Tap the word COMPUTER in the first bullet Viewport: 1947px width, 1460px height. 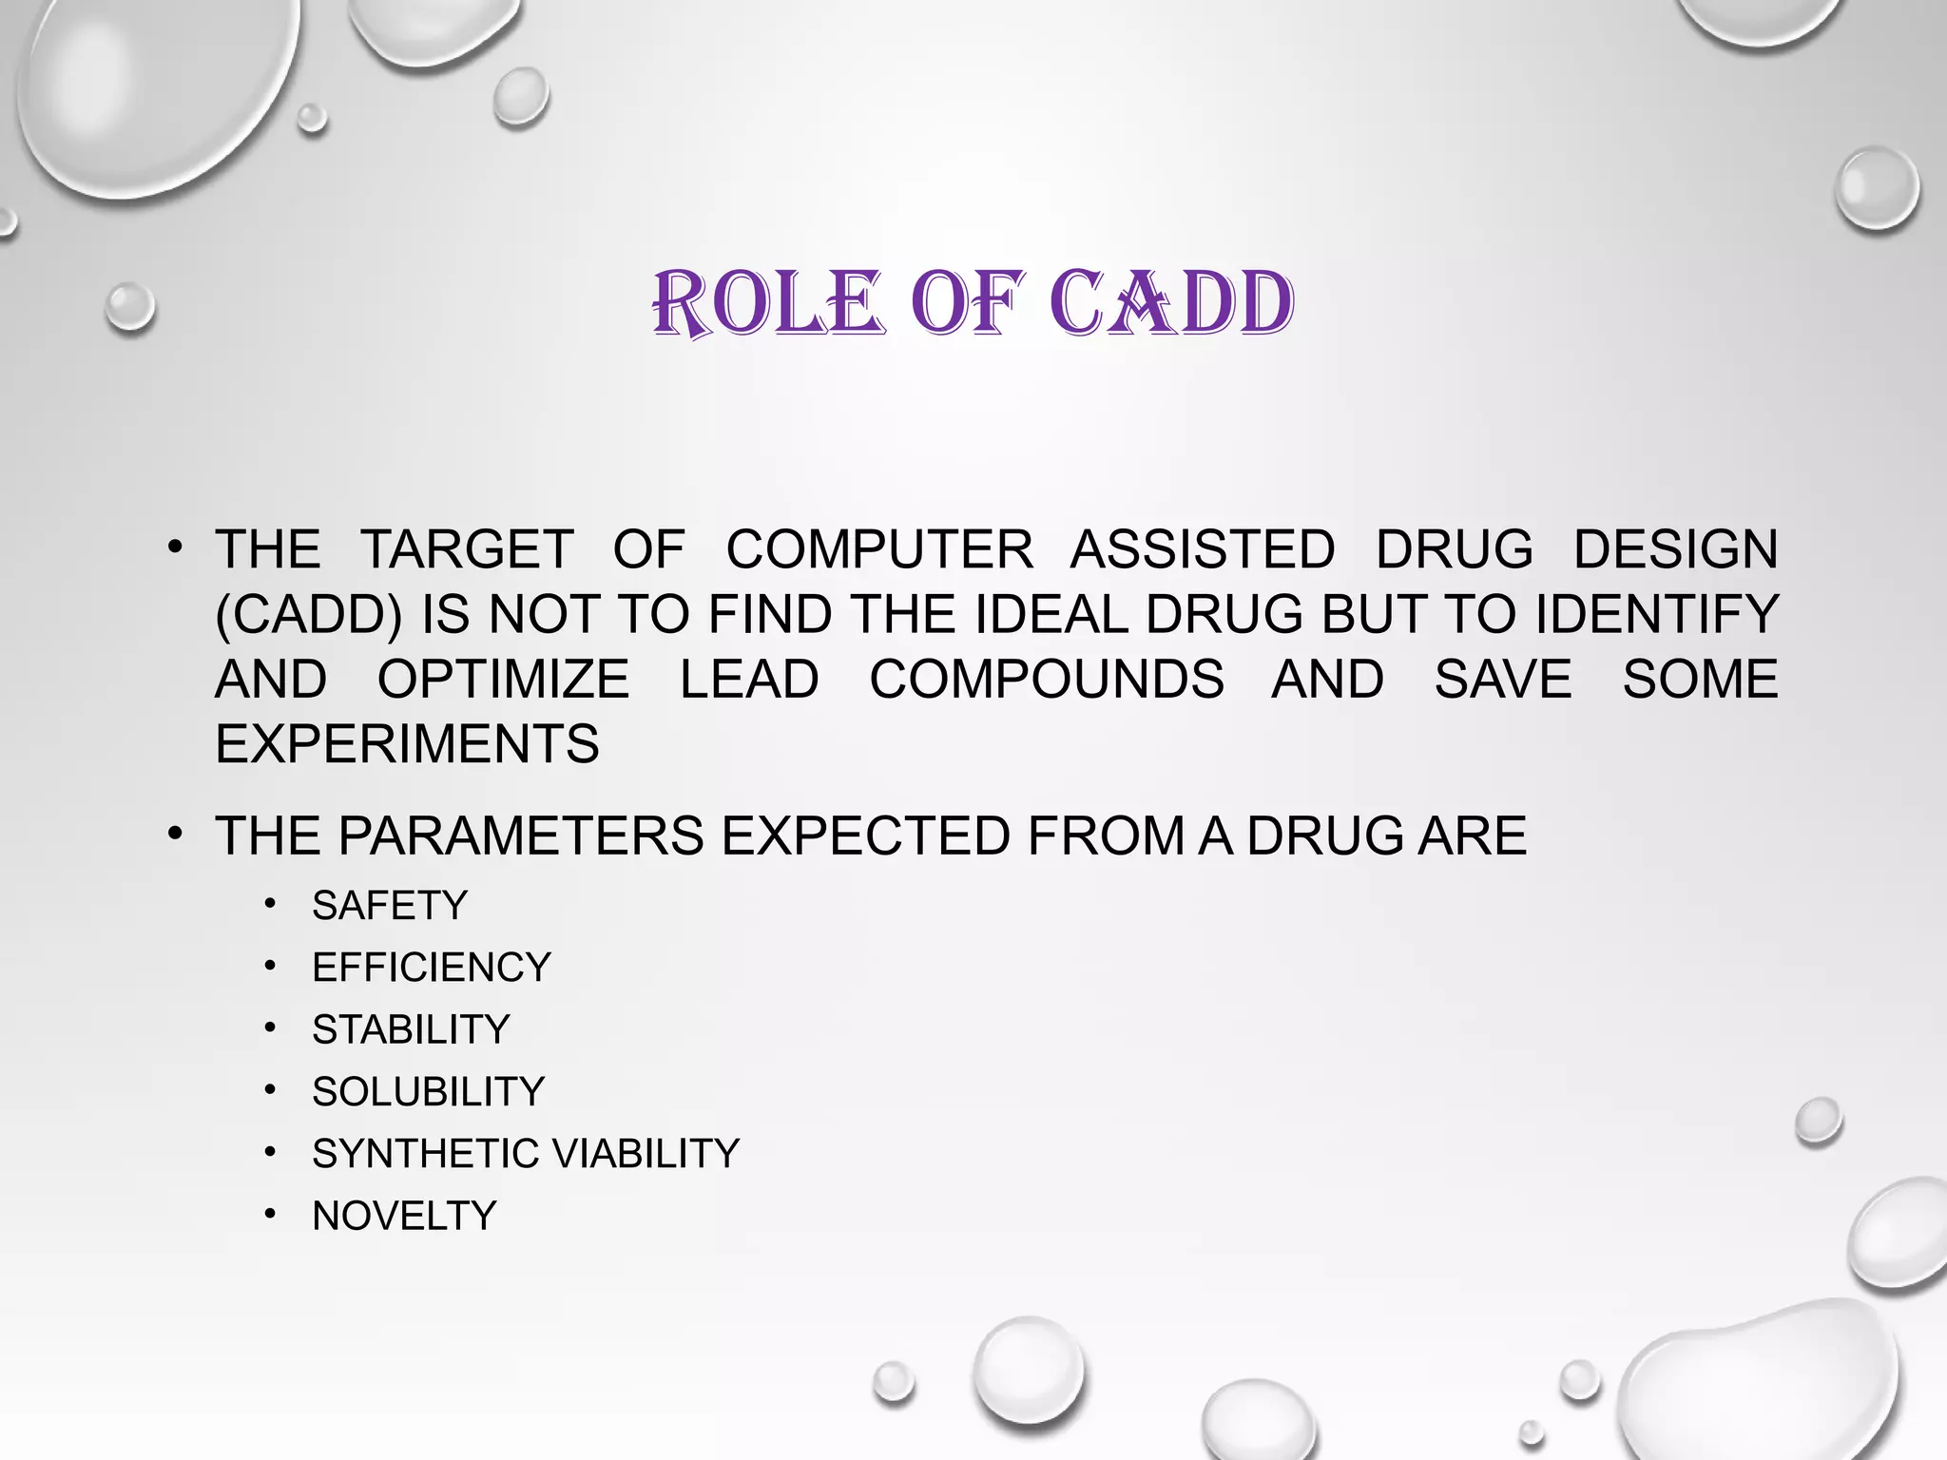coord(879,549)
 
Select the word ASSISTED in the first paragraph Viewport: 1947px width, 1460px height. coord(1203,549)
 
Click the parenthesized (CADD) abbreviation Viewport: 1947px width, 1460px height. coord(309,614)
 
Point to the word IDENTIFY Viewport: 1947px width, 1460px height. coord(1656,614)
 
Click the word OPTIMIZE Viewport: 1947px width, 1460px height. coord(503,679)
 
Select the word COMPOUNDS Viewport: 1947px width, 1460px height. coord(1047,679)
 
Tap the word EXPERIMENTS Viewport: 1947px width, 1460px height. coord(407,743)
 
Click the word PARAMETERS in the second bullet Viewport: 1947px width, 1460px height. coord(520,836)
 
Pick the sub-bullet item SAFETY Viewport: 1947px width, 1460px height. coord(390,905)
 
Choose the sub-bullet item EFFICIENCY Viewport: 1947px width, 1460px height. coord(432,968)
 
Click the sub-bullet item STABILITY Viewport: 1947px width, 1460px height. coord(411,1029)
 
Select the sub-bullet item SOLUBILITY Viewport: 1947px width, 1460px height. coord(428,1091)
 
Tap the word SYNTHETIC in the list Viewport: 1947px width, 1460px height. coord(425,1154)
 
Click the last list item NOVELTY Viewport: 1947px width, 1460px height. coord(404,1216)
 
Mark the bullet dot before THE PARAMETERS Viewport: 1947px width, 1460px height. coord(174,834)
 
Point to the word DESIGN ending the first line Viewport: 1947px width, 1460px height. coord(1675,549)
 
